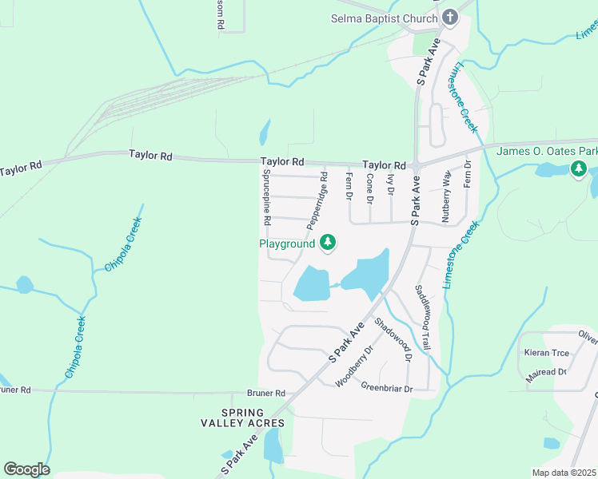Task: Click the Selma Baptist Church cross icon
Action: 450,17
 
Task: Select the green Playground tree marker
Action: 327,243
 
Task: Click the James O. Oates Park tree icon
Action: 578,168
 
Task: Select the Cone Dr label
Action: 369,188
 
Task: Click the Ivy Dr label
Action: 390,185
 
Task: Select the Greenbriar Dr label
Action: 386,389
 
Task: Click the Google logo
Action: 26,469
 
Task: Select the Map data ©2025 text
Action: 564,473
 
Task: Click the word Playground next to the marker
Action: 287,243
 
